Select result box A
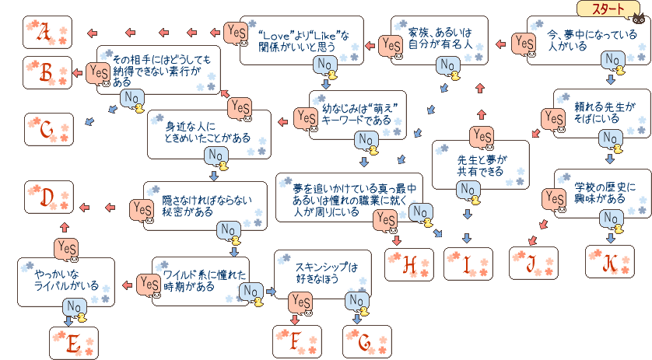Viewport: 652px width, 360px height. click(47, 33)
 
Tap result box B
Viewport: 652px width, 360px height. click(47, 73)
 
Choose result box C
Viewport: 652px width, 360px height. click(47, 130)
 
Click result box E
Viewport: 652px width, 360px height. click(74, 342)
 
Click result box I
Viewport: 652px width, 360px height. click(468, 264)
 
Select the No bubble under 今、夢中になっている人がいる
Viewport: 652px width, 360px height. click(613, 59)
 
